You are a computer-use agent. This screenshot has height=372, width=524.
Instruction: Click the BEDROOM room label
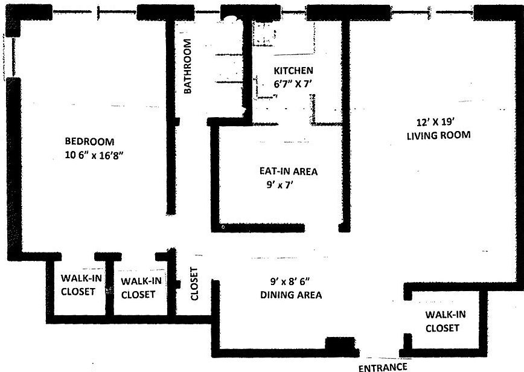[x=89, y=141]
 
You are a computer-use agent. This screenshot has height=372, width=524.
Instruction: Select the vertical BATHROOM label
[x=188, y=66]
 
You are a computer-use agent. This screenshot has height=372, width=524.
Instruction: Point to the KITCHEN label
[x=293, y=70]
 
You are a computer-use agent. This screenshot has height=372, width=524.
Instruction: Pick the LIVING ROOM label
[x=438, y=135]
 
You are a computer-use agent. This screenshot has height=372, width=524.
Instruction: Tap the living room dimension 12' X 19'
[x=438, y=121]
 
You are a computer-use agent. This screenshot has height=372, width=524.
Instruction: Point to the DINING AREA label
[x=290, y=295]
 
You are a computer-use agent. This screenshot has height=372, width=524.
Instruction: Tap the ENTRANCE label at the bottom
[x=383, y=367]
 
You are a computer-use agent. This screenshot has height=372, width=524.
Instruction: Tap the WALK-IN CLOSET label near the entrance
[x=445, y=321]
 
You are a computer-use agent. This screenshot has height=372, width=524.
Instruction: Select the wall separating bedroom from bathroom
[x=171, y=121]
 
